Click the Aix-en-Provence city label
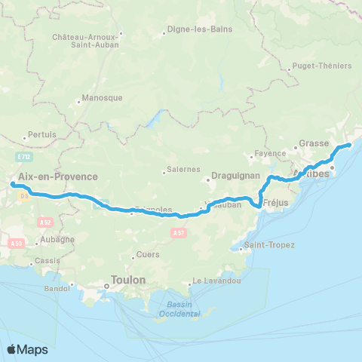click(x=58, y=176)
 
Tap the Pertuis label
click(x=43, y=134)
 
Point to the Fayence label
click(x=270, y=153)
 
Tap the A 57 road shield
click(x=178, y=234)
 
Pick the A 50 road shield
click(x=16, y=243)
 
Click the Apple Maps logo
click(x=27, y=349)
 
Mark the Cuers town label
click(x=146, y=254)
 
